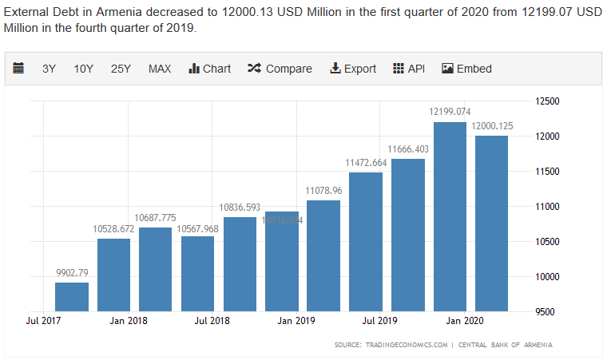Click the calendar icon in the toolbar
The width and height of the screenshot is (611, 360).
click(18, 69)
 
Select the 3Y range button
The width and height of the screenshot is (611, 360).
click(49, 69)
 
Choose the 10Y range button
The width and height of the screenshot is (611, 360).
click(84, 69)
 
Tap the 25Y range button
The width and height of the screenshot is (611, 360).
click(121, 69)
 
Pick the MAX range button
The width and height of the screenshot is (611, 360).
click(160, 69)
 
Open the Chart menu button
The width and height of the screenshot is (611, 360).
click(209, 69)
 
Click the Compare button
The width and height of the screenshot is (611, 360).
click(280, 69)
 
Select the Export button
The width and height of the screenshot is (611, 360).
click(352, 69)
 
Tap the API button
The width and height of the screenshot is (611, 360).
click(409, 69)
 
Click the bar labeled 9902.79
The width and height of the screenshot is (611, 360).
click(72, 297)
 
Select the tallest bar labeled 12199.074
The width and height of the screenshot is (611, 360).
click(450, 216)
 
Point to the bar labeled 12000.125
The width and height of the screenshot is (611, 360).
click(491, 224)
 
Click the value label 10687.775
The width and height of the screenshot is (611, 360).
click(155, 218)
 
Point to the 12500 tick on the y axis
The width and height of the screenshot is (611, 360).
click(547, 101)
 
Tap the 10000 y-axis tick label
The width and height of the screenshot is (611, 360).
click(547, 276)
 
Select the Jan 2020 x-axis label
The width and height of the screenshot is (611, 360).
click(464, 321)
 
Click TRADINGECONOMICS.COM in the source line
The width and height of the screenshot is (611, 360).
click(408, 345)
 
